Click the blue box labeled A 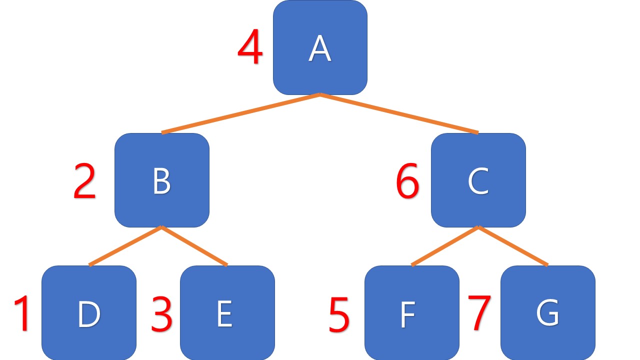(320, 47)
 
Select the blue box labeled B (161, 180)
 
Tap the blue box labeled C (478, 180)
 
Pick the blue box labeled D (89, 313)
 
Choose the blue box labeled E (227, 313)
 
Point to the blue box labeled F (411, 313)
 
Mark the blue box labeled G (547, 313)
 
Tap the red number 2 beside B (84, 183)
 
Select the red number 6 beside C (407, 183)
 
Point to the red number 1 (22, 314)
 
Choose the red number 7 (479, 312)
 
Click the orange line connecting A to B (241, 113)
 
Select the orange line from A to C (399, 113)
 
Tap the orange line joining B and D (125, 246)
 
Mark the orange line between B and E (194, 246)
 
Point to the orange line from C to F (445, 246)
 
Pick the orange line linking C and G (513, 246)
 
